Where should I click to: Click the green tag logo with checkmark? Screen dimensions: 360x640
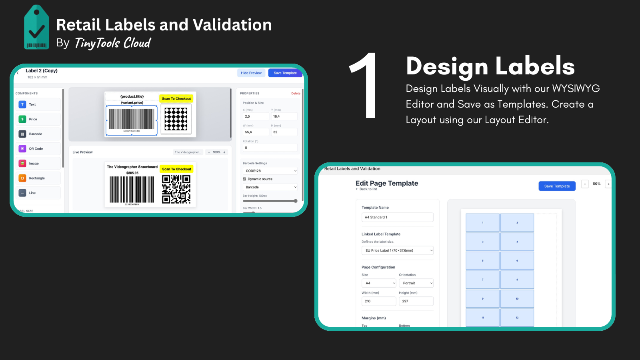point(36,28)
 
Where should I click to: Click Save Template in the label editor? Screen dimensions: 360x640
point(285,73)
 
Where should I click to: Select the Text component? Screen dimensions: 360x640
point(39,104)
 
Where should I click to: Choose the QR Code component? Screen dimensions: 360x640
point(39,149)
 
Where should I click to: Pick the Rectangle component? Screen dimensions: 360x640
point(39,178)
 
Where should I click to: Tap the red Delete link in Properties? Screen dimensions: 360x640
point(296,94)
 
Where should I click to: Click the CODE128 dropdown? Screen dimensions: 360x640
point(270,171)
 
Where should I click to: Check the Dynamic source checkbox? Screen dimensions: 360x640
point(244,179)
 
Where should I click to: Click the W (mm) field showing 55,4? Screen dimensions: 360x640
point(256,132)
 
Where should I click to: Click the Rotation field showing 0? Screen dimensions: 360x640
point(270,148)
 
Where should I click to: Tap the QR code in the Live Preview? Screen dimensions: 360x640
point(176,189)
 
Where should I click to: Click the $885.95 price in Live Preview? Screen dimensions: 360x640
point(132,173)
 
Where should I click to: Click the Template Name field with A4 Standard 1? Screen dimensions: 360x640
point(397,217)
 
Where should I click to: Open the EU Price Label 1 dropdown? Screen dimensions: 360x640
point(397,250)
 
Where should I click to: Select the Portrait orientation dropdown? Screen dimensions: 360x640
point(416,283)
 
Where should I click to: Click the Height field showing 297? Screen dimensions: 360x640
point(416,301)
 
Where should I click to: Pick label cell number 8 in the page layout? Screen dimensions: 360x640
point(517,280)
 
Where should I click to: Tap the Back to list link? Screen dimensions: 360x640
point(366,189)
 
